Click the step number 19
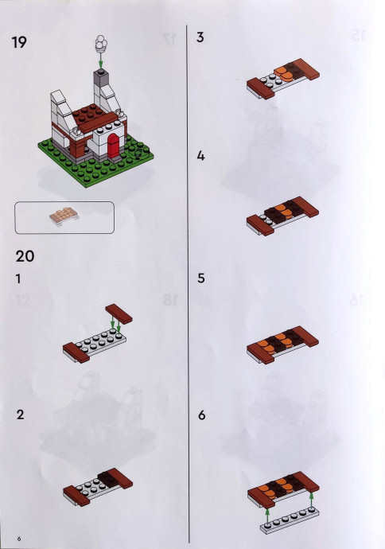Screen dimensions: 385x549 click(x=19, y=42)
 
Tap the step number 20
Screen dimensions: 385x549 click(x=25, y=256)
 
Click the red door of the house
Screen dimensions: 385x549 click(x=114, y=146)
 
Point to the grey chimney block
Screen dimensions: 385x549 click(x=101, y=80)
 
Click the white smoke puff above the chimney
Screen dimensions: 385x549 click(x=101, y=44)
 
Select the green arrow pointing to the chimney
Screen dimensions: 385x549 click(x=101, y=61)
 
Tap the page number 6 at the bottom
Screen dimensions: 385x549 click(x=19, y=539)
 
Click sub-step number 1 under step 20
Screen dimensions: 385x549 click(x=18, y=279)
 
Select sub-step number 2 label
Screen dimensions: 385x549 click(x=21, y=415)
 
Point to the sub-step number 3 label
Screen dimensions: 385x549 click(x=200, y=37)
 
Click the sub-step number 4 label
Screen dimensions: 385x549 click(x=200, y=156)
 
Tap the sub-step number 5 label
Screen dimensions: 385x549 click(x=201, y=278)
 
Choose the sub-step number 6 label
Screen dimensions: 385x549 click(x=201, y=415)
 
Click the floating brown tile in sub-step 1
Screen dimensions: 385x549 click(x=119, y=313)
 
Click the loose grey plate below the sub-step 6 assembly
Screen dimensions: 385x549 click(x=290, y=521)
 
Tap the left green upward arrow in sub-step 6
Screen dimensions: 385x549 click(x=268, y=517)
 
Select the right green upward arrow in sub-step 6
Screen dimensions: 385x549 click(x=312, y=500)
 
